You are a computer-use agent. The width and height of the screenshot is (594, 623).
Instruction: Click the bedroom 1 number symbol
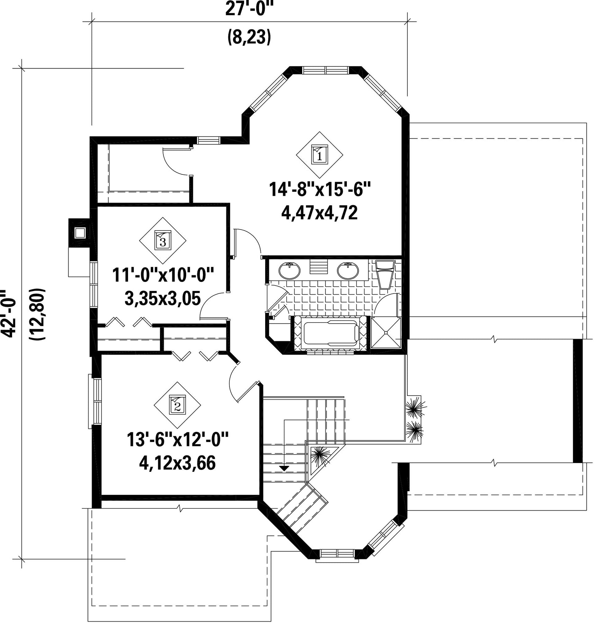click(319, 155)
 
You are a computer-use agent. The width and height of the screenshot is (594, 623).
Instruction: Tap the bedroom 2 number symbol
click(177, 405)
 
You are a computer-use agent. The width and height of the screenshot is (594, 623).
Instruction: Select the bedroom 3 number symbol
click(163, 240)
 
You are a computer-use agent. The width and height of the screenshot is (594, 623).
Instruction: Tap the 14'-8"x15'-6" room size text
click(320, 190)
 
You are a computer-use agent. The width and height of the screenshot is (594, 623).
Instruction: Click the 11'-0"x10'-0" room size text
click(163, 275)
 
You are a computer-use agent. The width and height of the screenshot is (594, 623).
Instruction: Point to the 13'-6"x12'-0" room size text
click(178, 440)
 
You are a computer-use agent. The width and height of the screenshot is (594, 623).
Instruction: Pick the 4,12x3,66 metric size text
click(177, 463)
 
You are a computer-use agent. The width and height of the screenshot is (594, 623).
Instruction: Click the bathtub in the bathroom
click(331, 334)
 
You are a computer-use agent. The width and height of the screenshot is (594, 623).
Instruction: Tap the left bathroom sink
click(289, 270)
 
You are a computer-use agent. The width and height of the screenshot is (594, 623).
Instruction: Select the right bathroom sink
click(348, 270)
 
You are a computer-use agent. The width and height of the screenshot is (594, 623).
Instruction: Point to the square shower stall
click(386, 333)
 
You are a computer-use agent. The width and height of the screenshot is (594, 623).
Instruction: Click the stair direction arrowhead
click(284, 468)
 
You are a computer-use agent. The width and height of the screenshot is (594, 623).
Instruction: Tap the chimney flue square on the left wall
click(80, 233)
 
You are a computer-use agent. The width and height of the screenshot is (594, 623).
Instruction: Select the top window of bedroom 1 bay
click(325, 70)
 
